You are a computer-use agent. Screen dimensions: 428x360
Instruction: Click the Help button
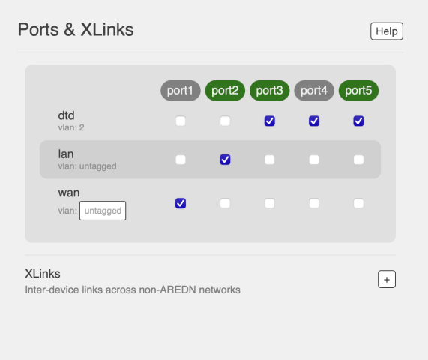tap(387, 31)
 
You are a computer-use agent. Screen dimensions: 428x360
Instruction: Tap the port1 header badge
tap(181, 91)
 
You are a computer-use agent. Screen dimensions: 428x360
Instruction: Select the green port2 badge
tap(225, 91)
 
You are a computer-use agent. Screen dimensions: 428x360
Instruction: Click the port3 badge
tap(269, 91)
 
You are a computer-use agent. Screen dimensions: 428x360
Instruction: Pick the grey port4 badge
tap(314, 91)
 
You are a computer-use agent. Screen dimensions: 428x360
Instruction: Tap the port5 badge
tap(358, 91)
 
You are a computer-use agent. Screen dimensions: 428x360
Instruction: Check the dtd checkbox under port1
tap(181, 121)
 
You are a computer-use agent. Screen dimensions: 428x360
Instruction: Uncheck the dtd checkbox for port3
tap(269, 121)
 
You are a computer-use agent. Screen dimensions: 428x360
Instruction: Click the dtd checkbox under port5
tap(358, 121)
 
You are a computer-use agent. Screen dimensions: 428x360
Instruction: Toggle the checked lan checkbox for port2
tap(225, 160)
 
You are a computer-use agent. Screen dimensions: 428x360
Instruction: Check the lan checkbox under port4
tap(314, 160)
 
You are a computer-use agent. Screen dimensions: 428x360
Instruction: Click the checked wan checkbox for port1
tap(181, 203)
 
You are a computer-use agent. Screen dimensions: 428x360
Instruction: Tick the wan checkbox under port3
tap(269, 203)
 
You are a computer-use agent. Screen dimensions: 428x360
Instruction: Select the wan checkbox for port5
tap(358, 203)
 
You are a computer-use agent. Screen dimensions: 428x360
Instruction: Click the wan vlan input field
tap(103, 211)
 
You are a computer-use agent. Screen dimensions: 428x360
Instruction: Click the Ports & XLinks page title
tap(76, 29)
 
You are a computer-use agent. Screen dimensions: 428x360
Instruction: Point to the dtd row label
tap(66, 115)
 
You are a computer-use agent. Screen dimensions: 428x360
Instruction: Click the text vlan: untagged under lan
tap(87, 166)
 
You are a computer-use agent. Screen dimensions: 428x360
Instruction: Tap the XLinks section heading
tap(43, 274)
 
